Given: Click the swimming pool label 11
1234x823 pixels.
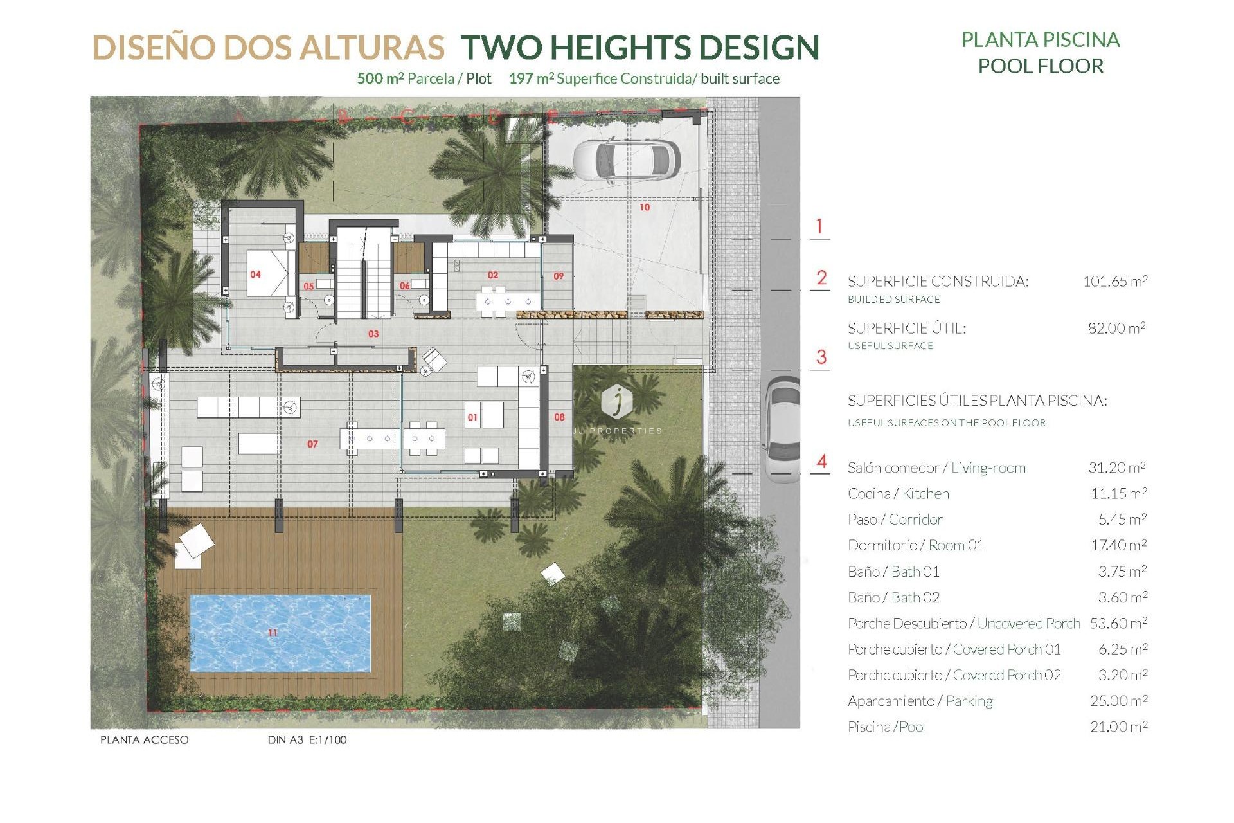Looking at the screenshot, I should (273, 633).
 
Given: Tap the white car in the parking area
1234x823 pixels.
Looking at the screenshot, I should (626, 159).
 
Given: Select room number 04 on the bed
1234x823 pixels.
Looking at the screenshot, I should (255, 275).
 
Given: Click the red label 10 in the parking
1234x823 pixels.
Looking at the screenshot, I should (645, 207).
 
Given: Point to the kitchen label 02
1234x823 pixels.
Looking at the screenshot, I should (493, 275).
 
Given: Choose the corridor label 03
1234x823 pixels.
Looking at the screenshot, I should (373, 334).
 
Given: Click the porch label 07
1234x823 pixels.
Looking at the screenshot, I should (312, 444).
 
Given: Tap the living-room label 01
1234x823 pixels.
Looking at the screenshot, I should (472, 417).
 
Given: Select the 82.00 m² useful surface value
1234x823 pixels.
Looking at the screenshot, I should (1116, 328).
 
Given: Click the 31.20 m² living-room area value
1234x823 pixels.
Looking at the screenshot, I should (1116, 467).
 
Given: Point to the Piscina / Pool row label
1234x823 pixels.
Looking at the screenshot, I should (887, 727).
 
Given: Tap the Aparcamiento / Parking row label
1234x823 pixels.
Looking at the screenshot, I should (920, 701).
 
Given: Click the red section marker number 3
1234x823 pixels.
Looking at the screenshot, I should (821, 357).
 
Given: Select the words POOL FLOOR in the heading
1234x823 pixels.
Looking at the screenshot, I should (1041, 66).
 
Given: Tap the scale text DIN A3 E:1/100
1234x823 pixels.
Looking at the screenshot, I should (307, 740).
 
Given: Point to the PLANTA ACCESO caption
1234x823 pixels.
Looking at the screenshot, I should (144, 740).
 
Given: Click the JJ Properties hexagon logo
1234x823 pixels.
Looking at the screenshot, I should (616, 401).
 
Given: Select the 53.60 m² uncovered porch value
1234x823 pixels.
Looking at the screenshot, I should (1118, 623).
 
